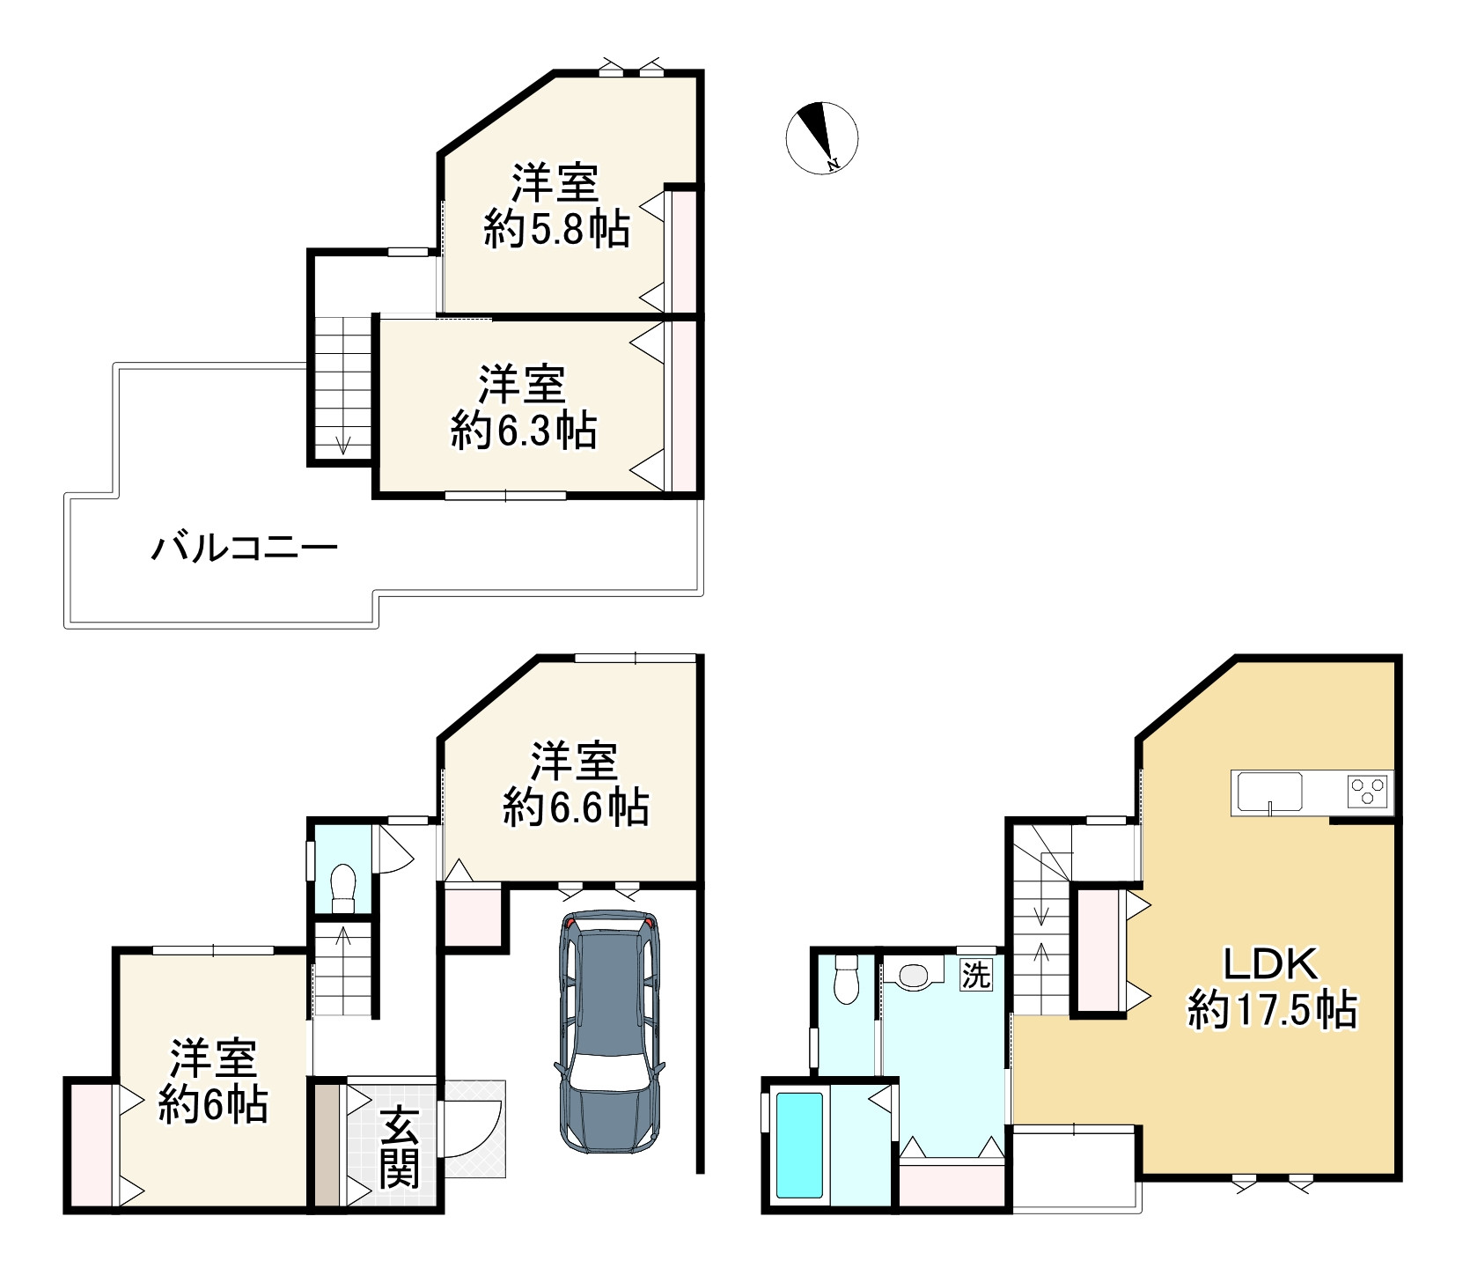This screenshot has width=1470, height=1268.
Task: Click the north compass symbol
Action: tap(821, 137)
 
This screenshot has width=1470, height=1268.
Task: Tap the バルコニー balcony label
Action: tap(245, 549)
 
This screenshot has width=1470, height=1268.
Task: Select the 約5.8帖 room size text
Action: tap(556, 231)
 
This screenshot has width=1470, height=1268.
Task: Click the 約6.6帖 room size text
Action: tap(576, 807)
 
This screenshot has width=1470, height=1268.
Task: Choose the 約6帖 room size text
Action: tap(213, 1104)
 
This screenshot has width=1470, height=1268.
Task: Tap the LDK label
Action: tap(1271, 964)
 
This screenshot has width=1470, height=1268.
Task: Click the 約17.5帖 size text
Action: tap(1272, 1010)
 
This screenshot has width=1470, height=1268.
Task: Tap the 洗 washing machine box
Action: tap(975, 975)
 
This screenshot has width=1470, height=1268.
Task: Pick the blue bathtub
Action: tap(799, 1144)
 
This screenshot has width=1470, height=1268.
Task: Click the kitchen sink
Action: tap(1270, 791)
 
